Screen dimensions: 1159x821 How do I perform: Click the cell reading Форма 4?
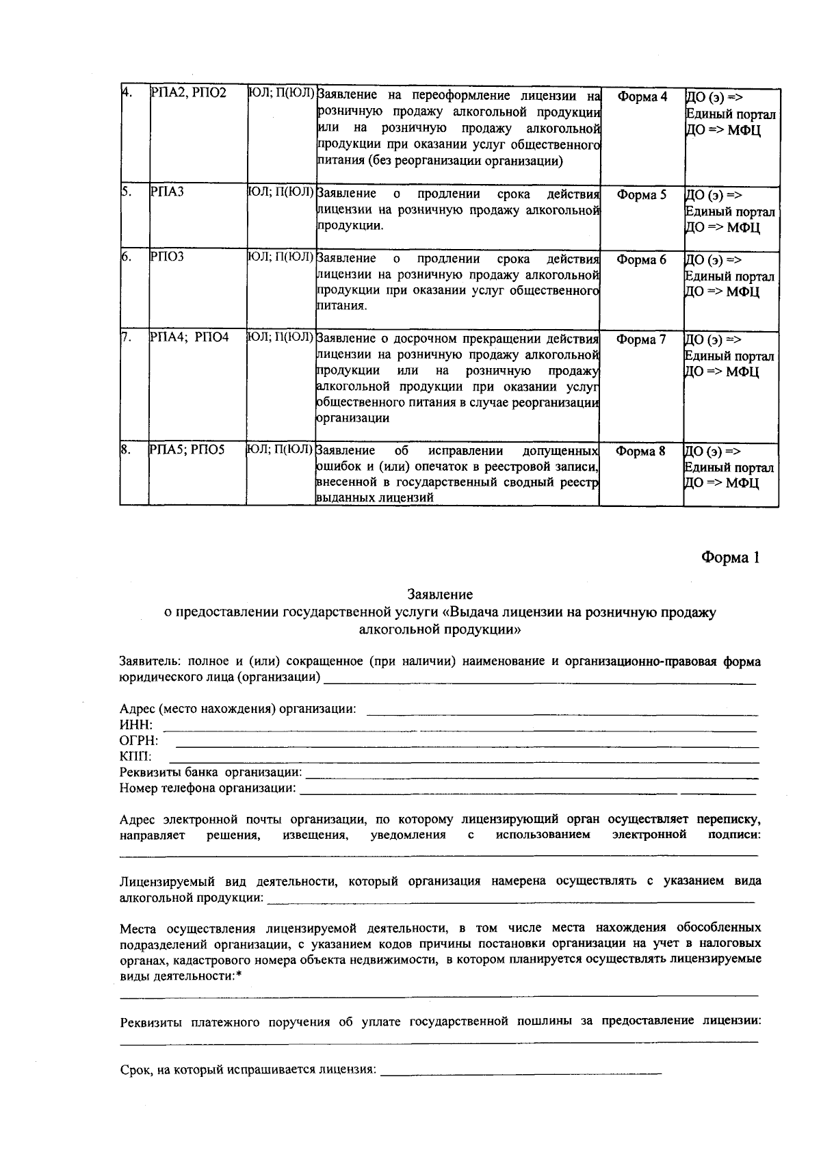641,97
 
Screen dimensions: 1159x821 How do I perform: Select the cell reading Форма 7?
641,339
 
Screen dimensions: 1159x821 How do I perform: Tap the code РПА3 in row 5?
167,194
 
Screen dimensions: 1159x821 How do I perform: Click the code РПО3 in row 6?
167,258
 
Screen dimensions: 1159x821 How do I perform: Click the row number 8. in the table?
126,450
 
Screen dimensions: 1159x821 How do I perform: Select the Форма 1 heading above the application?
730,558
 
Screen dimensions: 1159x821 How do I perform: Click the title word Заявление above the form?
440,595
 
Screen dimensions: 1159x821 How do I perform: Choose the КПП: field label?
135,757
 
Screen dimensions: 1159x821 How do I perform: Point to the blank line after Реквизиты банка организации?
530,776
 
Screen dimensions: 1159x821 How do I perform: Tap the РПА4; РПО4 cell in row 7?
189,338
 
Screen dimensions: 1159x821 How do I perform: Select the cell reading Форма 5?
641,195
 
